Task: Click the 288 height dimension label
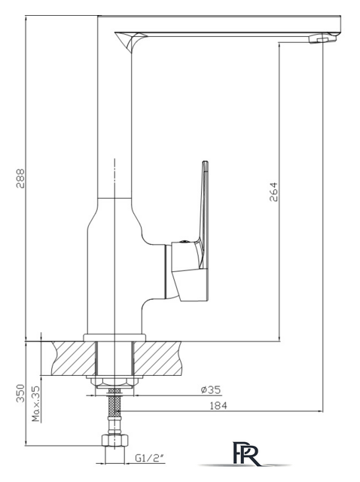(21, 178)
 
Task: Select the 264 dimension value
(273, 192)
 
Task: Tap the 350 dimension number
(20, 393)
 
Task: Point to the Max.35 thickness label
(36, 404)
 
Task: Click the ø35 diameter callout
(211, 390)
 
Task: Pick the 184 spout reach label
(218, 406)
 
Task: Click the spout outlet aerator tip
(322, 39)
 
